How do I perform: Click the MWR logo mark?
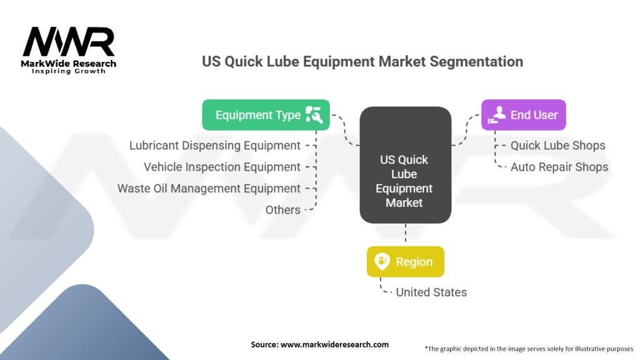69,42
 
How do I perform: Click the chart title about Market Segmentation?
362,61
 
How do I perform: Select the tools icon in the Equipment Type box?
313,114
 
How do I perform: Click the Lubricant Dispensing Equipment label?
214,146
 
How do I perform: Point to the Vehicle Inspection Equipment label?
222,167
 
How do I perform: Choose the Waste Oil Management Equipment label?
209,188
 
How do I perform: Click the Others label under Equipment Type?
282,210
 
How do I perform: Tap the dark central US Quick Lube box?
405,166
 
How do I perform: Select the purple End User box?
523,115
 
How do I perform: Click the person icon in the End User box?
497,114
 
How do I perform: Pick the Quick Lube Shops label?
557,146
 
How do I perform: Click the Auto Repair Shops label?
559,167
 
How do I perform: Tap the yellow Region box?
405,262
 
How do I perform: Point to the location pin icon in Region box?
382,261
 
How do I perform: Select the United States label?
431,292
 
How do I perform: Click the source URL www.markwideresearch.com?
319,344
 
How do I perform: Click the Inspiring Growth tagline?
69,71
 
